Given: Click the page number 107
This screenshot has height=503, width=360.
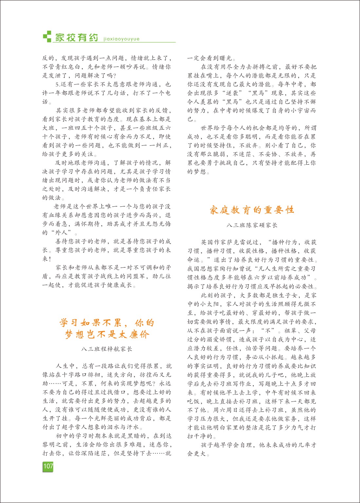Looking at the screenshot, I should point(48,466).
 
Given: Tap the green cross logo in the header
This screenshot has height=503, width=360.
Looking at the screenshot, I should point(47,36).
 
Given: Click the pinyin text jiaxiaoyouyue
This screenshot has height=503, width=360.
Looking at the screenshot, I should point(121,39).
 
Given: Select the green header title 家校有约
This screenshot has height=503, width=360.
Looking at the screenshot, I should point(76,37).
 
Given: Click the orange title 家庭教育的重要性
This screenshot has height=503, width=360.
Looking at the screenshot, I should point(252,210).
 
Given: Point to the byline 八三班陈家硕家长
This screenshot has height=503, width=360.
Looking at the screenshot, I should point(252,225).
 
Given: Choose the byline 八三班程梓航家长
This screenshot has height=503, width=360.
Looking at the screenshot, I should point(106,349).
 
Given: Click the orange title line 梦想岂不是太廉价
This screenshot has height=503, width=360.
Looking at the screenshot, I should point(107,334).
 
